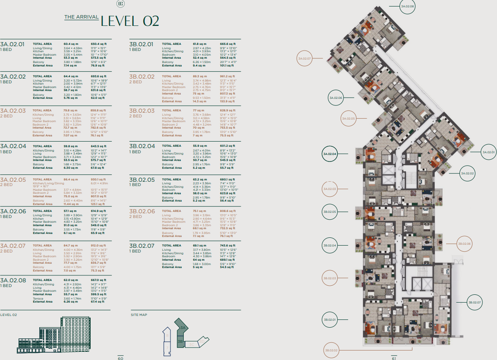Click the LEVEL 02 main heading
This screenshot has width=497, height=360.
[x=130, y=21]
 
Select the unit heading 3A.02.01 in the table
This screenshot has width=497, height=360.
[x=13, y=44]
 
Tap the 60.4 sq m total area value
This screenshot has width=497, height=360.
[x=70, y=44]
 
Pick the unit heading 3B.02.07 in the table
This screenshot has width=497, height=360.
[x=142, y=246]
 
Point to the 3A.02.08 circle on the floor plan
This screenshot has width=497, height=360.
[x=407, y=6]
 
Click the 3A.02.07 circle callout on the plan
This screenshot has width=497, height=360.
[x=304, y=58]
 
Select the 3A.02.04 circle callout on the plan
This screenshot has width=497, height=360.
[x=330, y=154]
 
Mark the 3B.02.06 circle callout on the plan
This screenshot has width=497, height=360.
[x=465, y=244]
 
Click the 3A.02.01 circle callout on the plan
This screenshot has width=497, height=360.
[x=489, y=152]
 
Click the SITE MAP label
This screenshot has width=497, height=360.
[x=139, y=315]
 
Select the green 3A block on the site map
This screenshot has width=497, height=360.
[x=182, y=328]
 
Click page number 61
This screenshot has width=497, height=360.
[x=394, y=358]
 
